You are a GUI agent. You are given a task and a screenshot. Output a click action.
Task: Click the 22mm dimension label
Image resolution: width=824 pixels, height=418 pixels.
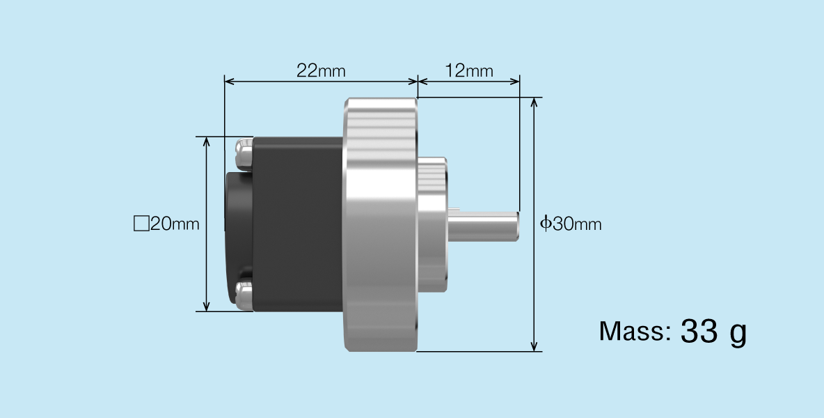pyautogui.click(x=320, y=70)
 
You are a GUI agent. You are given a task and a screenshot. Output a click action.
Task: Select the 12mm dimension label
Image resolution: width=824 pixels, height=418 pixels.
pyautogui.click(x=468, y=70)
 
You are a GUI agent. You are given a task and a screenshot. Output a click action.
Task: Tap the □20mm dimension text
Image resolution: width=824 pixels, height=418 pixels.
pyautogui.click(x=166, y=224)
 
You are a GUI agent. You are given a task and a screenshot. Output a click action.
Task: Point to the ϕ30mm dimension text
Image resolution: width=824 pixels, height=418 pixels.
pyautogui.click(x=571, y=224)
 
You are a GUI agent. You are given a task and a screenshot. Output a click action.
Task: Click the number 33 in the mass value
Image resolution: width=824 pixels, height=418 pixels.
pyautogui.click(x=698, y=332)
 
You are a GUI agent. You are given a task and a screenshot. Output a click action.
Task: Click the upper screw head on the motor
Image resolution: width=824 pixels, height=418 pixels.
pyautogui.click(x=244, y=154)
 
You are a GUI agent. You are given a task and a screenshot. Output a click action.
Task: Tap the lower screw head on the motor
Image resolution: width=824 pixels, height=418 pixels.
pyautogui.click(x=244, y=295)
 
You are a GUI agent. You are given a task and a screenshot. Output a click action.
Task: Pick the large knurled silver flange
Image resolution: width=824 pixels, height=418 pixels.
pyautogui.click(x=380, y=224)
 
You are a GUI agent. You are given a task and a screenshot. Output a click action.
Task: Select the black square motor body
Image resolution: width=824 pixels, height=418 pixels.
pyautogui.click(x=298, y=224)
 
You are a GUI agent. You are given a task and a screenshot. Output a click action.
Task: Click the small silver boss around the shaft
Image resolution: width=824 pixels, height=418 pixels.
pyautogui.click(x=432, y=224)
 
